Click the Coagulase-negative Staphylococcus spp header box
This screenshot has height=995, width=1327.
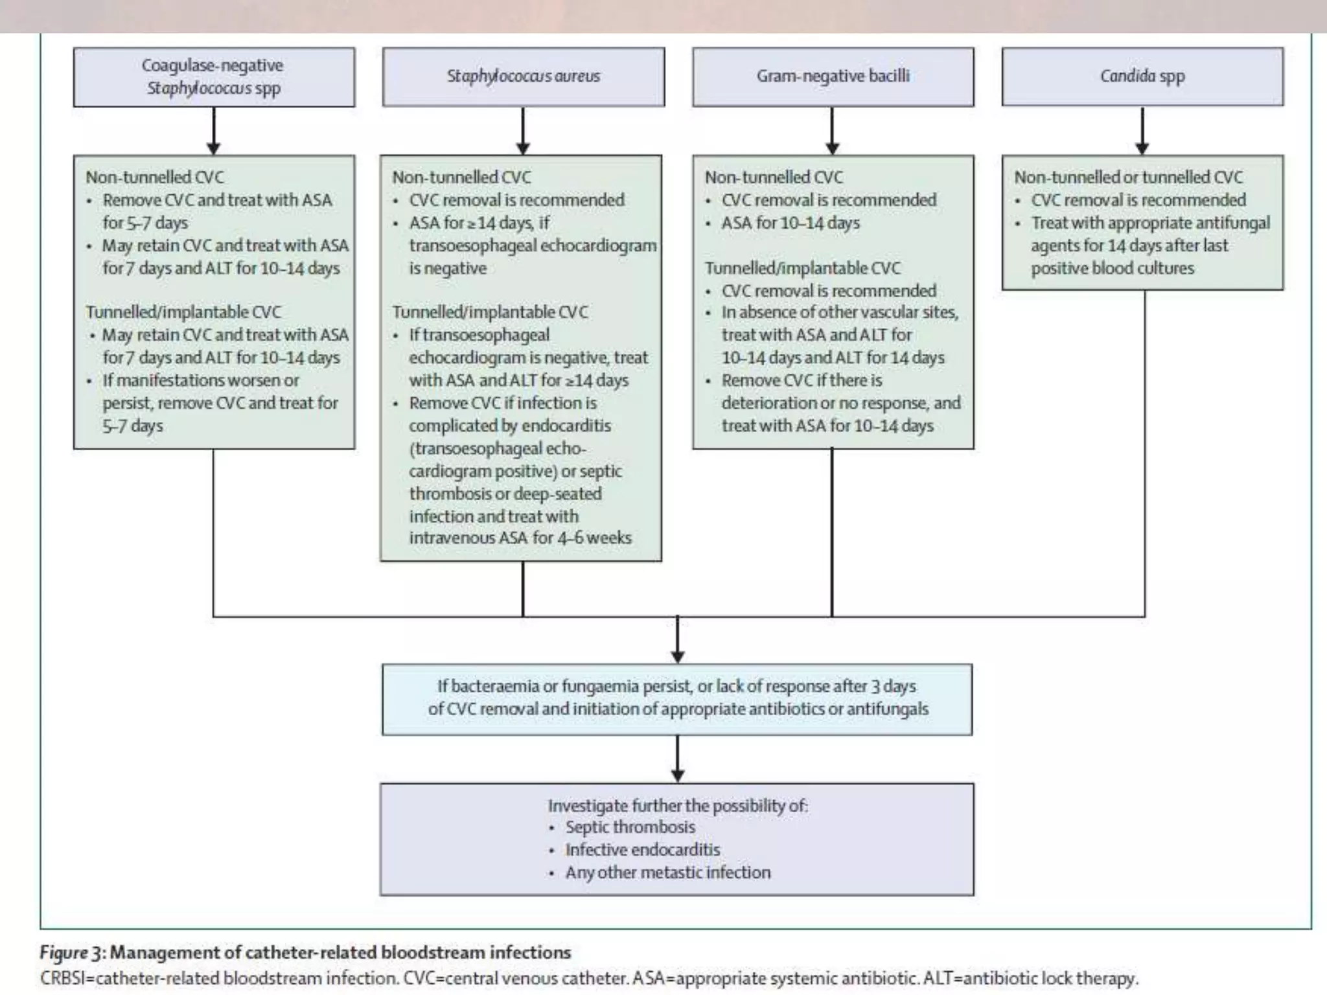(214, 76)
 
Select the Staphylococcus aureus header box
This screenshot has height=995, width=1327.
(523, 76)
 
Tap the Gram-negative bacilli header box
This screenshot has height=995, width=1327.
(833, 76)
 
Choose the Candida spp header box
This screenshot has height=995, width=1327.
(1142, 76)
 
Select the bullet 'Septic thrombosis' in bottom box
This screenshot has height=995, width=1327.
(630, 827)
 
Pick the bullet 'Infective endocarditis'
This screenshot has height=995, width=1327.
(642, 850)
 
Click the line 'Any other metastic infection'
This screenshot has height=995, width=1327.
(667, 873)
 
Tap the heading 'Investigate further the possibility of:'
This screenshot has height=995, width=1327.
(678, 805)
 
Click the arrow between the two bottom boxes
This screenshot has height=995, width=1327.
(678, 759)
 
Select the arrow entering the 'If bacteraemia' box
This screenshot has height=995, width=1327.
(678, 641)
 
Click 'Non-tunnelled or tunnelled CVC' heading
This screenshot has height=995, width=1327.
(1128, 177)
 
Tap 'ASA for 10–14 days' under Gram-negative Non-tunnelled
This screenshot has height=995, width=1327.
(790, 223)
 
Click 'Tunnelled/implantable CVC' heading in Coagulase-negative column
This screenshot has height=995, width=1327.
(183, 312)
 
